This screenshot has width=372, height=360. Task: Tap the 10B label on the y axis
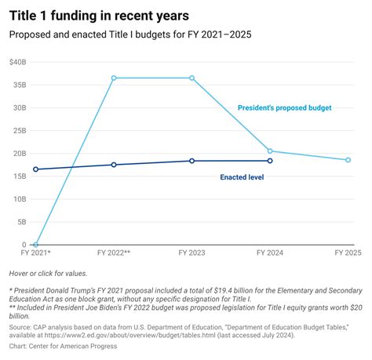click(18, 199)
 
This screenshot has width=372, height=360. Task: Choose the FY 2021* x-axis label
click(35, 253)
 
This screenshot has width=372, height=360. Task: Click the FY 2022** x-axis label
click(114, 253)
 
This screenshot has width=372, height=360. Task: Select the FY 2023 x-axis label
click(192, 253)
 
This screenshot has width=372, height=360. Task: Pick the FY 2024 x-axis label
click(270, 253)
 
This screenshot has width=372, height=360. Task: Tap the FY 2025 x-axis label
click(348, 253)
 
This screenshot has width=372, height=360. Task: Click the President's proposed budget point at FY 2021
click(35, 245)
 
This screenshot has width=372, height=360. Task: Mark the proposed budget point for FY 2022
click(114, 78)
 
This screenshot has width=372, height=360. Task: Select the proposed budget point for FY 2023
click(192, 78)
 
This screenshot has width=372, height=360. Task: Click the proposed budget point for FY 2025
click(348, 160)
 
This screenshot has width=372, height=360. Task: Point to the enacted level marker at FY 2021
click(35, 169)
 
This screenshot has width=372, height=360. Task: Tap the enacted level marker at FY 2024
click(270, 161)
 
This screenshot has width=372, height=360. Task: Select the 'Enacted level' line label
click(242, 177)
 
